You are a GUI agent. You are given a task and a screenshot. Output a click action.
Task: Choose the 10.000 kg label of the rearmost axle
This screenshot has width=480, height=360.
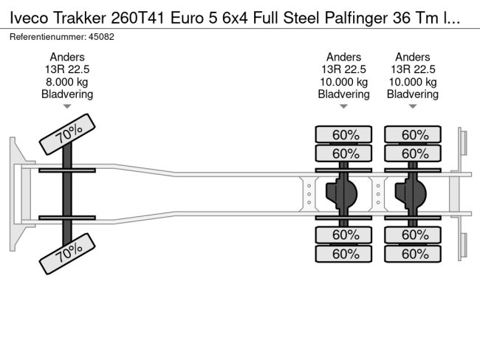pos(413,82)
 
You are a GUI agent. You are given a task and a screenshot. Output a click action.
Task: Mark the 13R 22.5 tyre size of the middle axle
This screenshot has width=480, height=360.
pos(343,69)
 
